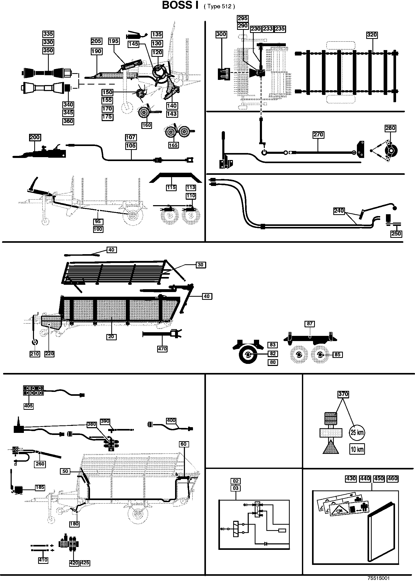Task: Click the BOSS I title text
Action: coord(180,6)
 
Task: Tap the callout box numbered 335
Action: coord(48,34)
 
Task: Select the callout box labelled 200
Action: coord(35,137)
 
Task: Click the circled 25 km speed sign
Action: coord(357,432)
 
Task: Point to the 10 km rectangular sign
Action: coord(357,449)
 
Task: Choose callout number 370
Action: coord(343,394)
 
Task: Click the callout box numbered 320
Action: coord(372,35)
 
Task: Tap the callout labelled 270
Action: coord(318,135)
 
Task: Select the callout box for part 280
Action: coord(390,128)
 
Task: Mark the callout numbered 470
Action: coord(162,349)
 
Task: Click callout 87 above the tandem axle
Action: coord(310,324)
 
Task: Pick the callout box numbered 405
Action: coord(29,406)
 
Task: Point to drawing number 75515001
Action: coord(378,578)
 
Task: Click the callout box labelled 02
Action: coord(236,481)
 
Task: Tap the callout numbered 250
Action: coord(396,234)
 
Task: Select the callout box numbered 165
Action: coord(173,145)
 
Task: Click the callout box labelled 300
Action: coord(221,34)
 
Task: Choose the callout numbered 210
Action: coord(34,354)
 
